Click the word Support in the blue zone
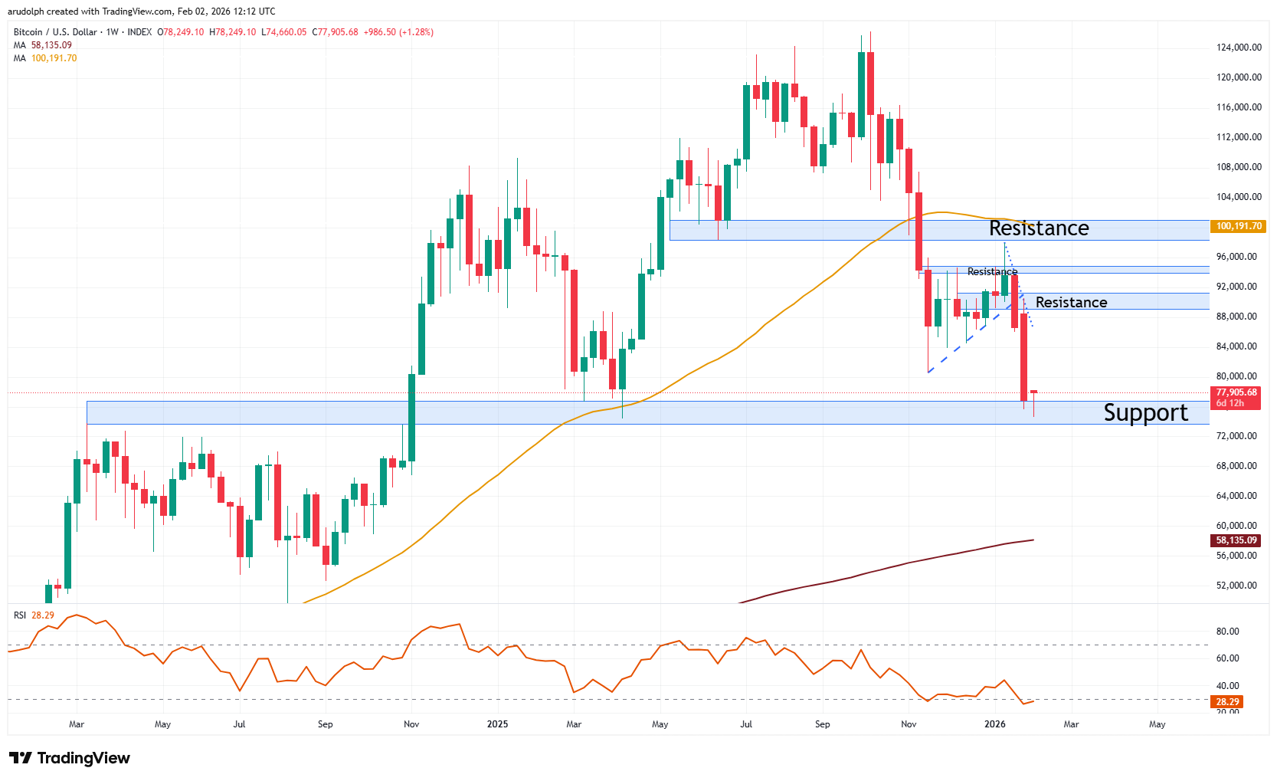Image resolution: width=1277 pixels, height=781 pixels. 1144,413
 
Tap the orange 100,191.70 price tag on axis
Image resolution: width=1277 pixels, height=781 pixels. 1238,226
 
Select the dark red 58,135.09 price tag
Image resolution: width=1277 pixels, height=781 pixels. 1236,540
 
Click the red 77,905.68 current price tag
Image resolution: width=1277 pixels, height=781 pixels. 1236,392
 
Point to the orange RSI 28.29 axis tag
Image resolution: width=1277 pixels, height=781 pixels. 1227,702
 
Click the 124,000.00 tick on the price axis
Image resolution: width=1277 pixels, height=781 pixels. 1239,48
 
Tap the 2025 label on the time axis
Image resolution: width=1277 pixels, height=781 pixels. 497,724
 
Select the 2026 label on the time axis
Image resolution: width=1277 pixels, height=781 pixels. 994,724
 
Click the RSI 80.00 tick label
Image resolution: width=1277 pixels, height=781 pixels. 1227,632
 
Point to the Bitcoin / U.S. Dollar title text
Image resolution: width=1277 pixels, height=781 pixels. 55,32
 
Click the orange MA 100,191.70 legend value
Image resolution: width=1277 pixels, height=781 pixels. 54,58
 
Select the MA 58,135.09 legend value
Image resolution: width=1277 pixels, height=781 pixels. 51,45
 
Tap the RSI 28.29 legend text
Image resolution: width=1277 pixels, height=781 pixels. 34,615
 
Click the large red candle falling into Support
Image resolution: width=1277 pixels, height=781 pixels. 1023,356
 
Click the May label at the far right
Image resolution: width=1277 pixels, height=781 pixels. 1157,724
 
